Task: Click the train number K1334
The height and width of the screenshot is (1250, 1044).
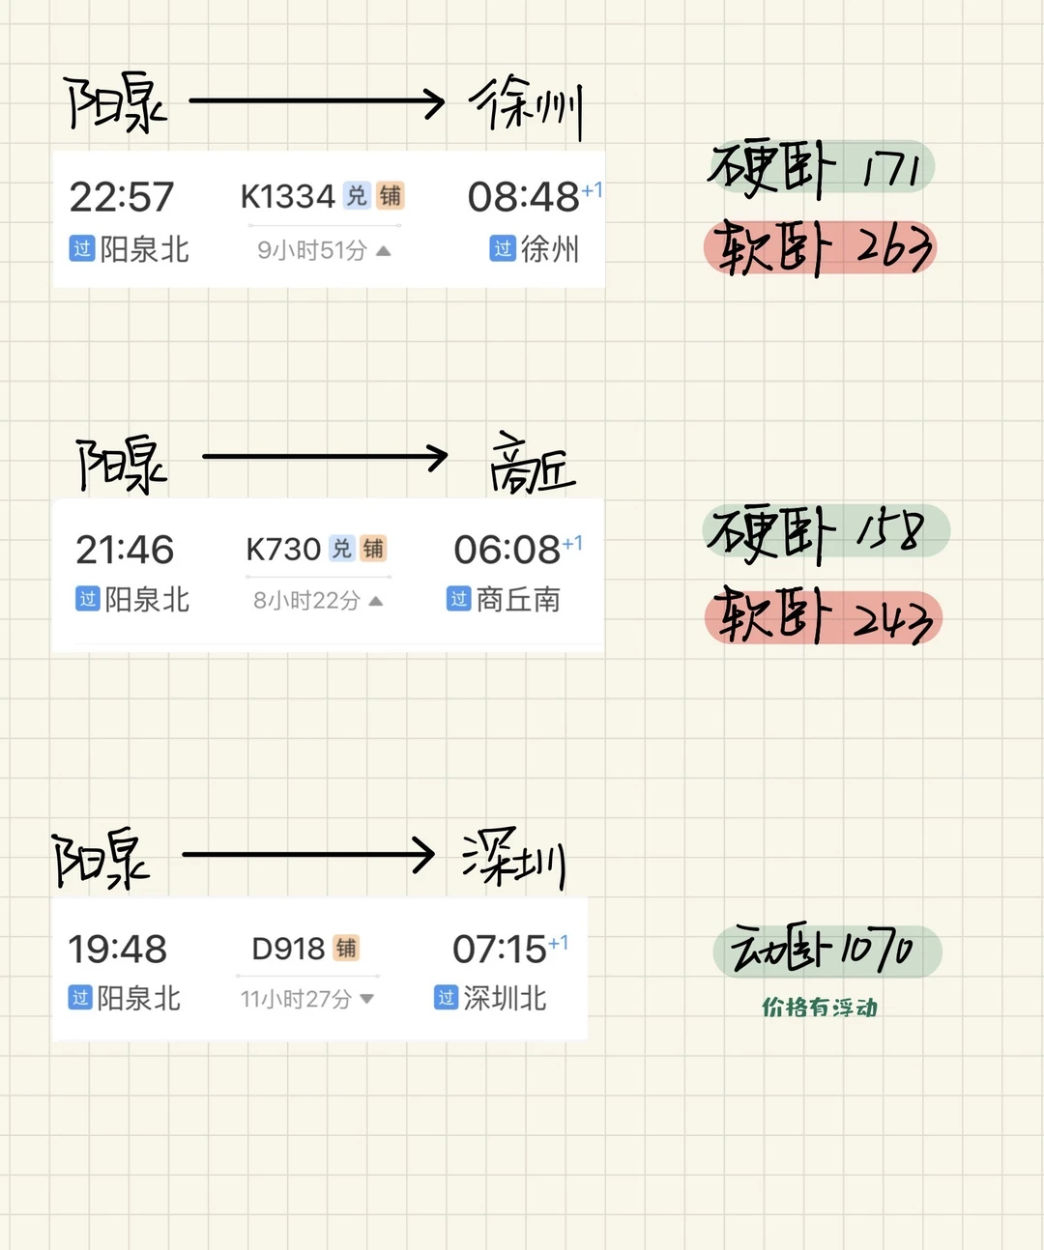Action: (x=287, y=197)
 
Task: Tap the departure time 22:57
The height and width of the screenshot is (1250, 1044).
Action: (x=122, y=198)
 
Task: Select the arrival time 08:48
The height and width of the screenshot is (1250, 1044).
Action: (x=523, y=198)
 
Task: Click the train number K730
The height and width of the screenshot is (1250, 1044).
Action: (x=283, y=550)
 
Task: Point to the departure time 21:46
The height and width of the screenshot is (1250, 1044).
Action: (x=125, y=551)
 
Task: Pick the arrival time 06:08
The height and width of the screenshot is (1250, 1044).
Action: (x=507, y=551)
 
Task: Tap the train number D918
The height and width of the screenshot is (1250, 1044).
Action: (x=288, y=950)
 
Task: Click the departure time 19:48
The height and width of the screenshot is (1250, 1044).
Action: (x=117, y=950)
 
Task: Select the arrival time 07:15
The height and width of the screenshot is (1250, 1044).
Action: (x=499, y=950)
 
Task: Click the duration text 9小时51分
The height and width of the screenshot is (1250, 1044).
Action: (x=312, y=251)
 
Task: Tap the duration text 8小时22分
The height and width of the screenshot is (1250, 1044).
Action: (x=306, y=601)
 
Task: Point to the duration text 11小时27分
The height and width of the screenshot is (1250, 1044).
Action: (x=296, y=999)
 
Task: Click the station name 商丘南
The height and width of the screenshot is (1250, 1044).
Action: (x=518, y=600)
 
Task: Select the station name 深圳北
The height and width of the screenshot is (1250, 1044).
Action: (x=505, y=998)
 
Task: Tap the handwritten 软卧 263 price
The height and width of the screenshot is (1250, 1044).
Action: (x=822, y=247)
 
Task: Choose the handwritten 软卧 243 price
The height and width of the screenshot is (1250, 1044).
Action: (x=824, y=617)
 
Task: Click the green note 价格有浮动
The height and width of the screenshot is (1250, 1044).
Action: (x=820, y=1008)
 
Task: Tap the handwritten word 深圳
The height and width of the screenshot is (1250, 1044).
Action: (x=513, y=858)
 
